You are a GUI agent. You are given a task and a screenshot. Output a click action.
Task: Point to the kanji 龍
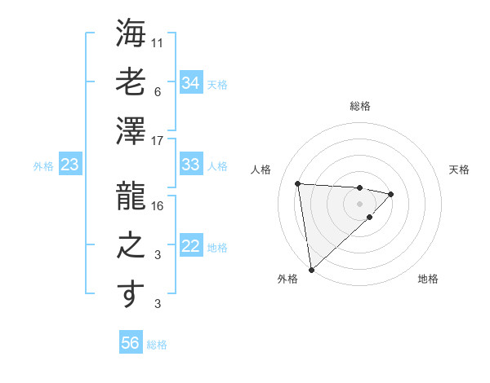point(131,196)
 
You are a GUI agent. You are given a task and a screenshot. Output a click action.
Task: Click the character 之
point(131,244)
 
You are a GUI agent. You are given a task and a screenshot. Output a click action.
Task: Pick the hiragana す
point(131,294)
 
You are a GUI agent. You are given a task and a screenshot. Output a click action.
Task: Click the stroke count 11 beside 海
point(158,42)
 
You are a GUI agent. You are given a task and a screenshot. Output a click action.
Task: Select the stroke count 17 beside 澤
point(158,141)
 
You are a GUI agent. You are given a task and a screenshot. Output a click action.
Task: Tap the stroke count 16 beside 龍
point(158,206)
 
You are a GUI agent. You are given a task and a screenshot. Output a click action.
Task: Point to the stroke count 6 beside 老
point(158,92)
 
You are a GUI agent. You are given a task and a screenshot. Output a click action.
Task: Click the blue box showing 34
point(190,82)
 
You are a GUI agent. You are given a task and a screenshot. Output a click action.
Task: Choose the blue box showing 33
point(190,165)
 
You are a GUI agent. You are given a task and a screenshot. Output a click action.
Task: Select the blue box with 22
point(190,246)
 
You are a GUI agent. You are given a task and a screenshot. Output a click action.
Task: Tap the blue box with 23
point(69,165)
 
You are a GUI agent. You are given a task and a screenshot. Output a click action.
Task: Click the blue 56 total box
point(130,344)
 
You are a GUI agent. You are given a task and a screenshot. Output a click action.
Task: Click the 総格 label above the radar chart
point(359,106)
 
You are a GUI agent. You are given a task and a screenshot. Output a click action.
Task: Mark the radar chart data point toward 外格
point(311,269)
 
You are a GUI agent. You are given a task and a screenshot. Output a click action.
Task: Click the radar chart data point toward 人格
point(298,183)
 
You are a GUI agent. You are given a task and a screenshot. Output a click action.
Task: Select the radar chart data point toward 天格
point(391,194)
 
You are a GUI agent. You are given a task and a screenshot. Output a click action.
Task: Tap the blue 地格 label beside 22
point(217,247)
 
